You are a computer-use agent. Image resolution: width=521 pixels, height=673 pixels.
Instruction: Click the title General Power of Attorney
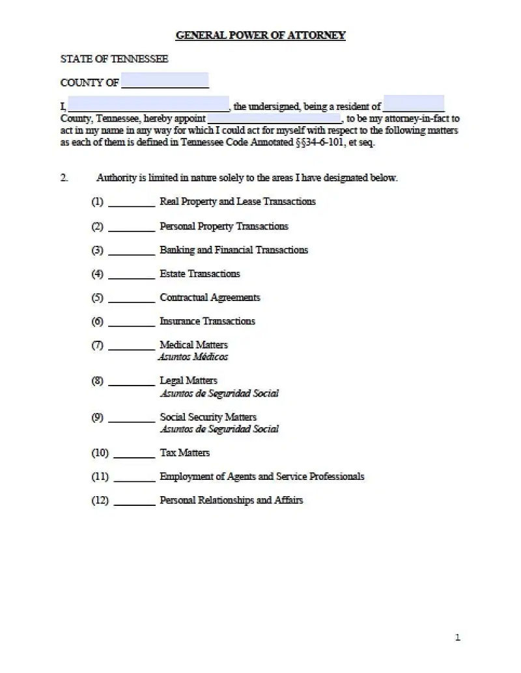click(x=260, y=35)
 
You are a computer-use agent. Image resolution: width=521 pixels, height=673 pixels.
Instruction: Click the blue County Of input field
click(x=165, y=81)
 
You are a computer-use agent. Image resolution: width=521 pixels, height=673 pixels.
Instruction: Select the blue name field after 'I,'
click(x=148, y=104)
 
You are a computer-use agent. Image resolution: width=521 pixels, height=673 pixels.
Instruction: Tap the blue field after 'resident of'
click(x=414, y=104)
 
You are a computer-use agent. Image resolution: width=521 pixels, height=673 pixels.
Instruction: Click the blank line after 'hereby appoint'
click(x=274, y=119)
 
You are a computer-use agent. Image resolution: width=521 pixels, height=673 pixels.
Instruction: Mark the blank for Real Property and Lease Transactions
click(x=131, y=202)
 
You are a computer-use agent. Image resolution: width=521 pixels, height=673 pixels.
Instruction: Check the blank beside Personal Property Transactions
click(x=131, y=227)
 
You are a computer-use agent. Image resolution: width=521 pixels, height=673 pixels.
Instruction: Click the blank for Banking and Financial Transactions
click(x=131, y=250)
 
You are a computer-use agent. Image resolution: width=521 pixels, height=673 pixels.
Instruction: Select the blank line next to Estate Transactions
click(x=131, y=274)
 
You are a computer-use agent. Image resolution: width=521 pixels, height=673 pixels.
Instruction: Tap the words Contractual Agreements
click(x=210, y=298)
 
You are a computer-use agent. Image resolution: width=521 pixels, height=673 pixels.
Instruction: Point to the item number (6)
click(x=98, y=321)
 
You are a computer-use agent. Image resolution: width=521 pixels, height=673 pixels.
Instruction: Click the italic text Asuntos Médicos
click(x=193, y=357)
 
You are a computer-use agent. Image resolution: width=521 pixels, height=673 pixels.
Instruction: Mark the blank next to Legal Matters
click(x=131, y=382)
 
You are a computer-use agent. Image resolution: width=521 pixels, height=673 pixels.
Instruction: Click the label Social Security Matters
click(x=208, y=417)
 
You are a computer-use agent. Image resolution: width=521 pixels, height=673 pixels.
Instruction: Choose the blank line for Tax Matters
click(x=134, y=454)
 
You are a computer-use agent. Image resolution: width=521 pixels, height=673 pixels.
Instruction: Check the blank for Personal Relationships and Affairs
click(x=134, y=501)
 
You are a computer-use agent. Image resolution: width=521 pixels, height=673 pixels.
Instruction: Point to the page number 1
click(x=457, y=637)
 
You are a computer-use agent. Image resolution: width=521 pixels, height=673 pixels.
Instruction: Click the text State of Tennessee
click(x=114, y=59)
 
